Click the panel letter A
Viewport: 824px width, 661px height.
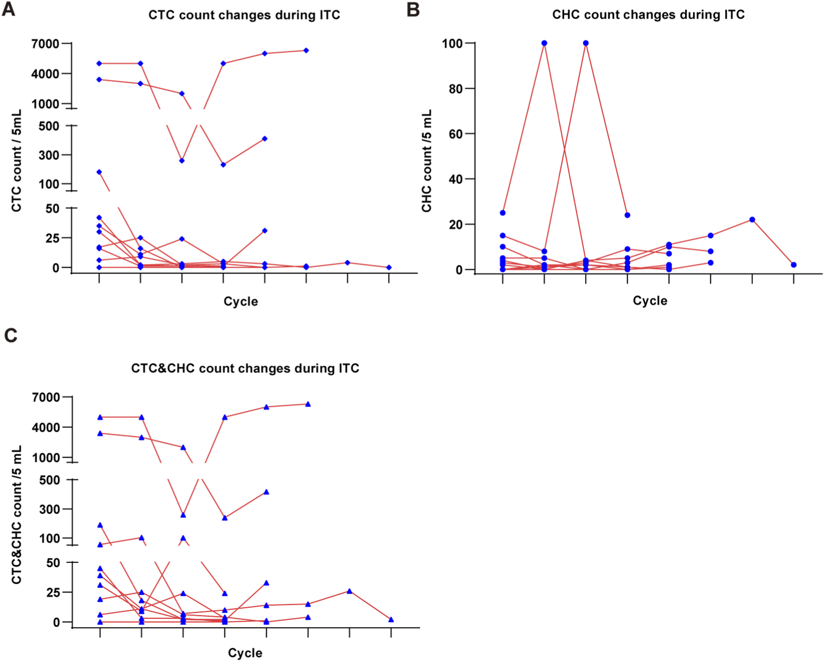click(x=9, y=9)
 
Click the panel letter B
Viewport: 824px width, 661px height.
click(x=413, y=9)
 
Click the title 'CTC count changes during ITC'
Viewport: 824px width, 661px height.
click(x=244, y=15)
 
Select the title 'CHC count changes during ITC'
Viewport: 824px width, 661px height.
click(x=648, y=15)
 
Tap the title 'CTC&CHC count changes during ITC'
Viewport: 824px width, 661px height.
click(x=245, y=369)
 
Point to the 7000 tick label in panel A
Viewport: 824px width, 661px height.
click(x=45, y=44)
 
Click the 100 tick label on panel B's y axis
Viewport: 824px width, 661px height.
click(x=452, y=44)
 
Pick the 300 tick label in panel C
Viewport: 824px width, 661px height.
click(x=49, y=509)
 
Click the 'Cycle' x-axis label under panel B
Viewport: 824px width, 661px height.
click(x=650, y=301)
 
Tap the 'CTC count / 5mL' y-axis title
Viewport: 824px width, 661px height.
click(x=16, y=161)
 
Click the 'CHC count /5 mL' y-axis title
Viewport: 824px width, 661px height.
click(x=426, y=161)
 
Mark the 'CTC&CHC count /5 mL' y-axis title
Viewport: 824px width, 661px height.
click(x=16, y=515)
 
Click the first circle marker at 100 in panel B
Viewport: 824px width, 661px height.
click(x=544, y=43)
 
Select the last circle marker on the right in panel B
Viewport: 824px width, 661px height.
click(x=793, y=265)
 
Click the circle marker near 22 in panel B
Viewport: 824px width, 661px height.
click(x=752, y=220)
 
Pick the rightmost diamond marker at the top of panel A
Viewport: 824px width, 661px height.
click(x=306, y=50)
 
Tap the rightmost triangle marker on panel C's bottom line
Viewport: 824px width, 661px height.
click(x=391, y=620)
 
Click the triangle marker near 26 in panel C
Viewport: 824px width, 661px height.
click(x=349, y=591)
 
